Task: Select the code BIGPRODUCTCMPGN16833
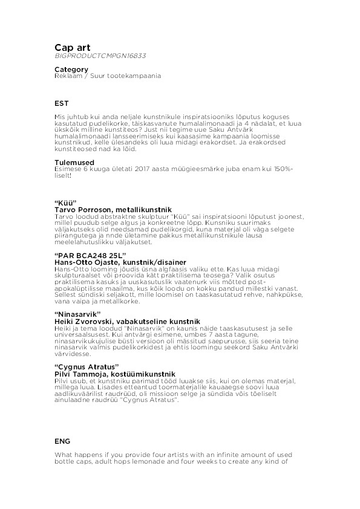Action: tap(100, 56)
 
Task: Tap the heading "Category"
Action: tap(71, 70)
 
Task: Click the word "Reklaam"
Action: tap(67, 76)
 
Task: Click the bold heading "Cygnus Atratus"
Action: tap(87, 367)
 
